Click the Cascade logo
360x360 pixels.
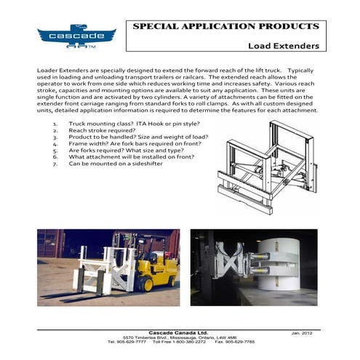pyautogui.click(x=76, y=35)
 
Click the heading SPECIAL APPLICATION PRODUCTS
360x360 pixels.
pyautogui.click(x=225, y=26)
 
